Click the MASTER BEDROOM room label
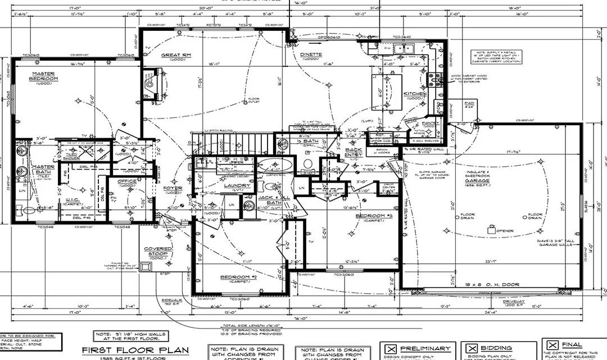tap(44, 76)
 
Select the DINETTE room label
tap(311, 54)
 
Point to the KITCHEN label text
tap(414, 94)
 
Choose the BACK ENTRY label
tap(354, 152)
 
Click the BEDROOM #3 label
tap(369, 216)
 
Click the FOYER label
tap(173, 188)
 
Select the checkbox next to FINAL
tap(552, 345)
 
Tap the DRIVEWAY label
tap(502, 302)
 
